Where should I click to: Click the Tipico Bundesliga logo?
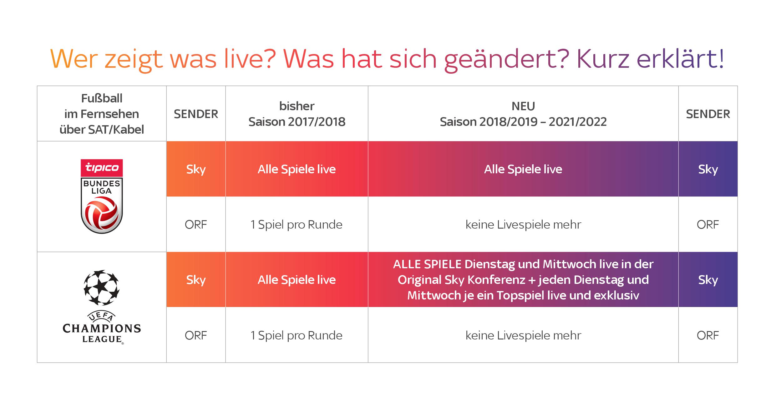[102, 196]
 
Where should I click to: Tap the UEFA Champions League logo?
[102, 307]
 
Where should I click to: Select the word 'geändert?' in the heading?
[505, 59]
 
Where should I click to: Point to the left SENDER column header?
[196, 114]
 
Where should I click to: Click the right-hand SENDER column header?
[708, 114]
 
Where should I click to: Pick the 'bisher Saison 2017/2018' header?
[297, 114]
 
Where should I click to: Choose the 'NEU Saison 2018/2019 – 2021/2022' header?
[523, 114]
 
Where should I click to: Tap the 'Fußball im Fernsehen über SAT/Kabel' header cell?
[102, 114]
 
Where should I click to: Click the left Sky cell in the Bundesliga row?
[196, 169]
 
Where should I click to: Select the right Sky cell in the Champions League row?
[708, 280]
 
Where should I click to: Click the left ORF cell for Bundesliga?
[196, 224]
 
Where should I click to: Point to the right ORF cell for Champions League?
[708, 335]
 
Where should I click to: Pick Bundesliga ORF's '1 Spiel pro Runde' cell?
[297, 224]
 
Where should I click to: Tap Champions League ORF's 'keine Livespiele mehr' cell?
[523, 335]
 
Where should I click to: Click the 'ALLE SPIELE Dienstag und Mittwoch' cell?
[523, 280]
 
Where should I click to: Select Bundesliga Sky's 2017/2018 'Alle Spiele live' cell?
[297, 169]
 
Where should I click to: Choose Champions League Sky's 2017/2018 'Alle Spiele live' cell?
[297, 280]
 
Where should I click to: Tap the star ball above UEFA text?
[102, 287]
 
